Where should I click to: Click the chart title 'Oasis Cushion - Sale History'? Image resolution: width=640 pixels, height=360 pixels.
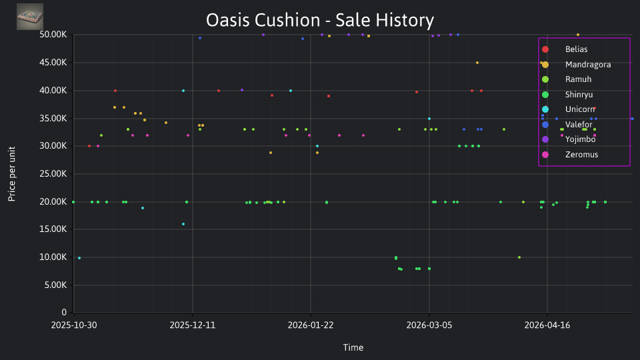tap(319, 20)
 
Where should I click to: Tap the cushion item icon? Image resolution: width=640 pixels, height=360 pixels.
tap(30, 17)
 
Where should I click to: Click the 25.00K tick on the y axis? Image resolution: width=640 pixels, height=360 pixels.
tap(53, 174)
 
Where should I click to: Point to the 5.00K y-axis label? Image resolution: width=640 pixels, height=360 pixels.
tap(55, 285)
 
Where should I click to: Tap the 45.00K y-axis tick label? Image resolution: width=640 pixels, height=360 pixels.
tap(53, 63)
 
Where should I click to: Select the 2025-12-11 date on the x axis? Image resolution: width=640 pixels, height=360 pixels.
tap(192, 325)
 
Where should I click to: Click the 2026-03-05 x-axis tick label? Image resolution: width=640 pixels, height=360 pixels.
tap(429, 325)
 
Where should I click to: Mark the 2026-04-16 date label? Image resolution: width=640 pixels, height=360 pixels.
tap(547, 325)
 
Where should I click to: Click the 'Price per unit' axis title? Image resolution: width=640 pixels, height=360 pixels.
tap(11, 174)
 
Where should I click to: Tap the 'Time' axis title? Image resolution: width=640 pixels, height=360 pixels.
tap(353, 347)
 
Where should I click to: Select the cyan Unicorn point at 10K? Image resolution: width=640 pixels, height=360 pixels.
tap(79, 258)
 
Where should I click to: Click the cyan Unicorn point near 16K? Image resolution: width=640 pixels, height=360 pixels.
tap(183, 224)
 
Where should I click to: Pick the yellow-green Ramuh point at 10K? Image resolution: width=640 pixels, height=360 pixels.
tap(519, 257)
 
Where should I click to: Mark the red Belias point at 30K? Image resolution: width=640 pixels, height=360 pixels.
tap(89, 146)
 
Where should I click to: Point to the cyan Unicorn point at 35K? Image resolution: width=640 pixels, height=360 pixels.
tap(429, 119)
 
